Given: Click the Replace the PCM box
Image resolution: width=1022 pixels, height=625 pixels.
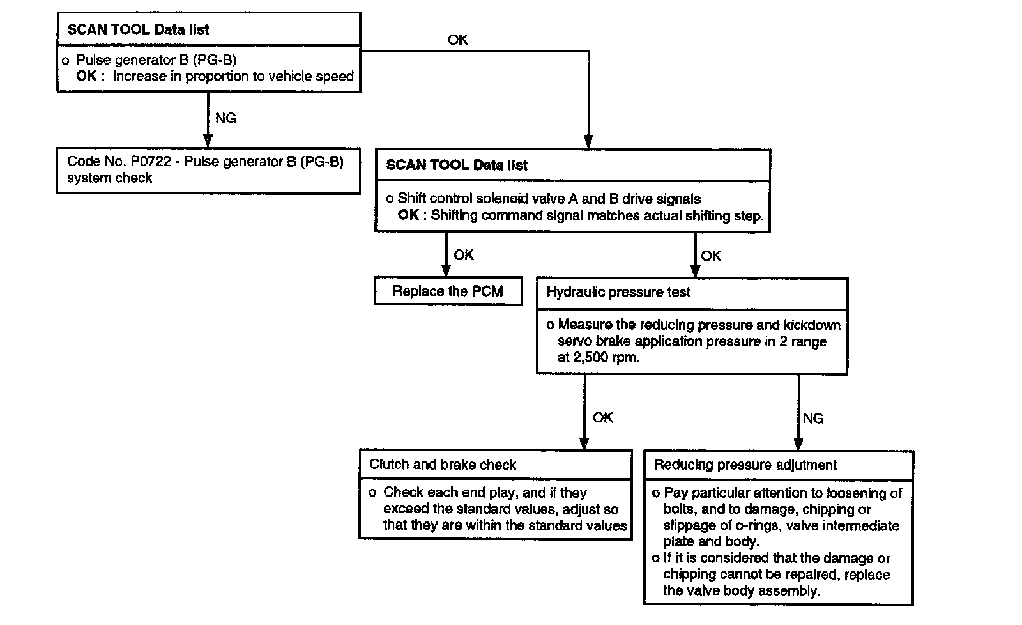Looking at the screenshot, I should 448,291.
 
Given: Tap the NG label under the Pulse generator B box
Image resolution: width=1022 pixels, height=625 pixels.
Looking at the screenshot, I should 225,118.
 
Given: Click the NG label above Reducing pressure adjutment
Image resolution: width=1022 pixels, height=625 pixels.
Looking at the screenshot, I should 812,419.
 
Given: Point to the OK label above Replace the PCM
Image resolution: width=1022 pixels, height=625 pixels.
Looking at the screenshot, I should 463,255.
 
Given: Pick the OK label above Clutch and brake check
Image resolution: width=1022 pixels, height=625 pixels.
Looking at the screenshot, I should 602,417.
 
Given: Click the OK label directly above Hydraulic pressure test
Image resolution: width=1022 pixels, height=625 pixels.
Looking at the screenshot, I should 710,256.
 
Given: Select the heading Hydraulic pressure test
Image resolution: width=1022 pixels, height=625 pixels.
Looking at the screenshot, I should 618,293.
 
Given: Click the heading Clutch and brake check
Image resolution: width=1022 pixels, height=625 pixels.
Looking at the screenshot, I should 443,465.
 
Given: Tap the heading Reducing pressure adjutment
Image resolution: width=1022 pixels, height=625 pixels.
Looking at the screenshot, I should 745,465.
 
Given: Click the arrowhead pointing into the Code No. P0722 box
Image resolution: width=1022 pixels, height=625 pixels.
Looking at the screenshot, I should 207,141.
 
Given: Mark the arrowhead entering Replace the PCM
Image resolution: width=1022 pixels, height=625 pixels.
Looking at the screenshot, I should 446,270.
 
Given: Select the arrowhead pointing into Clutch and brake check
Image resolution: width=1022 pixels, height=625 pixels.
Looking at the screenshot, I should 584,443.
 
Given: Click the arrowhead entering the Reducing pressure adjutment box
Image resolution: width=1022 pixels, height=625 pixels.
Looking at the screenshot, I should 798,444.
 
